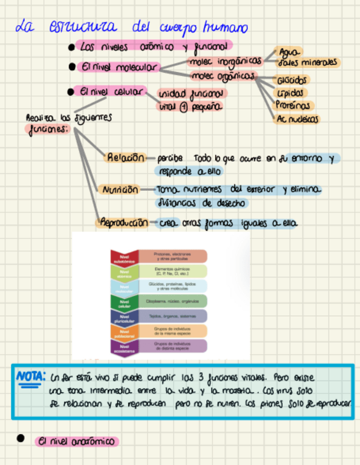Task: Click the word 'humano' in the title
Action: pyautogui.click(x=224, y=27)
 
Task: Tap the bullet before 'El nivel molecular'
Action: pyautogui.click(x=72, y=67)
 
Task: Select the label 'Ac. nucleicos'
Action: pyautogui.click(x=298, y=118)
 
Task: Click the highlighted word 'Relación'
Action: pyautogui.click(x=126, y=158)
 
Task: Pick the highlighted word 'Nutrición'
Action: pyautogui.click(x=119, y=190)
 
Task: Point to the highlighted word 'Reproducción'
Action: pyautogui.click(x=123, y=223)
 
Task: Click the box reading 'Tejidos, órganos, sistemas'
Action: pyautogui.click(x=172, y=316)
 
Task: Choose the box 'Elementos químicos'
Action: pyautogui.click(x=172, y=271)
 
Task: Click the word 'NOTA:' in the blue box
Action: pyautogui.click(x=30, y=377)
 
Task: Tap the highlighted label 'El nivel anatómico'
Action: pyautogui.click(x=76, y=441)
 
